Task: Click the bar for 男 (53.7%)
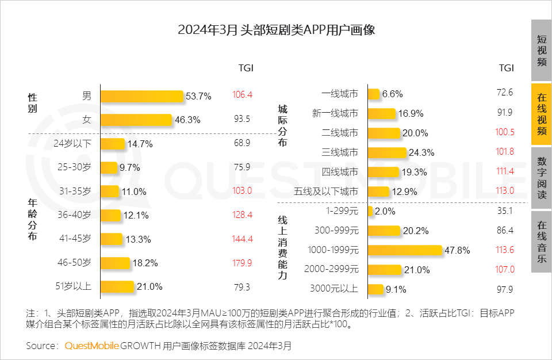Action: click(141, 96)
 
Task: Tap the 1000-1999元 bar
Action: click(405, 250)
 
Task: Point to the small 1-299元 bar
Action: click(370, 211)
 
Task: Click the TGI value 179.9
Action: click(242, 263)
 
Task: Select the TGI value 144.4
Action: click(242, 239)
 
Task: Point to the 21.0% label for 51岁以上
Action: click(149, 286)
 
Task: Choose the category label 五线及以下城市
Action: click(334, 192)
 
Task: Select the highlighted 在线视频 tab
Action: click(541, 114)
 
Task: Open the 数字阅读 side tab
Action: click(541, 178)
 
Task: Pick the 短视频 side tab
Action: click(541, 51)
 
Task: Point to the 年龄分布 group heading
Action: click(33, 219)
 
